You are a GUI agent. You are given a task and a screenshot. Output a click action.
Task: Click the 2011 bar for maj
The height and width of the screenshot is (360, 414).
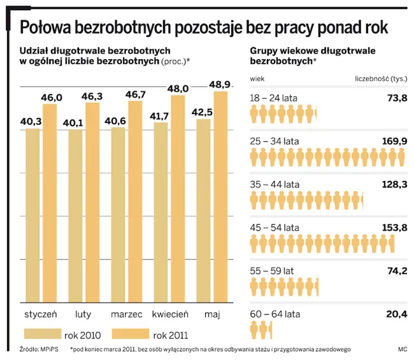(x=220, y=198)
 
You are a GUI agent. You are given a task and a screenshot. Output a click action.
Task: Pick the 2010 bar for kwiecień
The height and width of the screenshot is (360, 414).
(x=161, y=213)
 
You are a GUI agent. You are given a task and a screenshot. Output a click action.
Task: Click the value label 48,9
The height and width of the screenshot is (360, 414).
(x=220, y=84)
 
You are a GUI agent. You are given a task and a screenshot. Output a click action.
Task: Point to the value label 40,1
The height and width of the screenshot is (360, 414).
(x=76, y=122)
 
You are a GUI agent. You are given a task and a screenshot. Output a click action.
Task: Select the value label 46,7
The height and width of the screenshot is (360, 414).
(x=134, y=94)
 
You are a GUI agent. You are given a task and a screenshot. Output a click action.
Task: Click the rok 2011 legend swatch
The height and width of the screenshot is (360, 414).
(x=130, y=334)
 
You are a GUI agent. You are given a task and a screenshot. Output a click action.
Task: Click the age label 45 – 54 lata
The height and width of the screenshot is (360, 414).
(x=275, y=227)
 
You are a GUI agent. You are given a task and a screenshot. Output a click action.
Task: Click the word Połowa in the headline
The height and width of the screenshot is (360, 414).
(x=55, y=27)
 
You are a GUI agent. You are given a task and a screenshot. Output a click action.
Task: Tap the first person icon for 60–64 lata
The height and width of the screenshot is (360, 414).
(x=254, y=331)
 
